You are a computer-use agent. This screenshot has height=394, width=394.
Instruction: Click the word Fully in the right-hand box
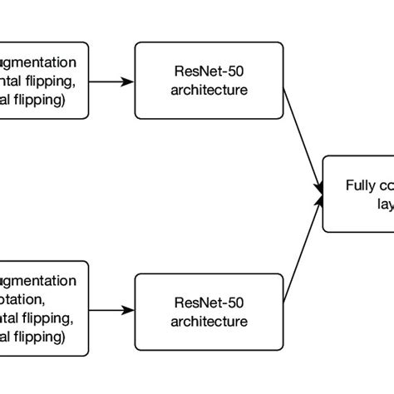(x=358, y=185)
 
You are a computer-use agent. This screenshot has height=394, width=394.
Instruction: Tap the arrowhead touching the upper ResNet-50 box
(x=129, y=81)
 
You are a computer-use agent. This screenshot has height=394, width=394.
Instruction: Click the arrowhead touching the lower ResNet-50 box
(x=129, y=309)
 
